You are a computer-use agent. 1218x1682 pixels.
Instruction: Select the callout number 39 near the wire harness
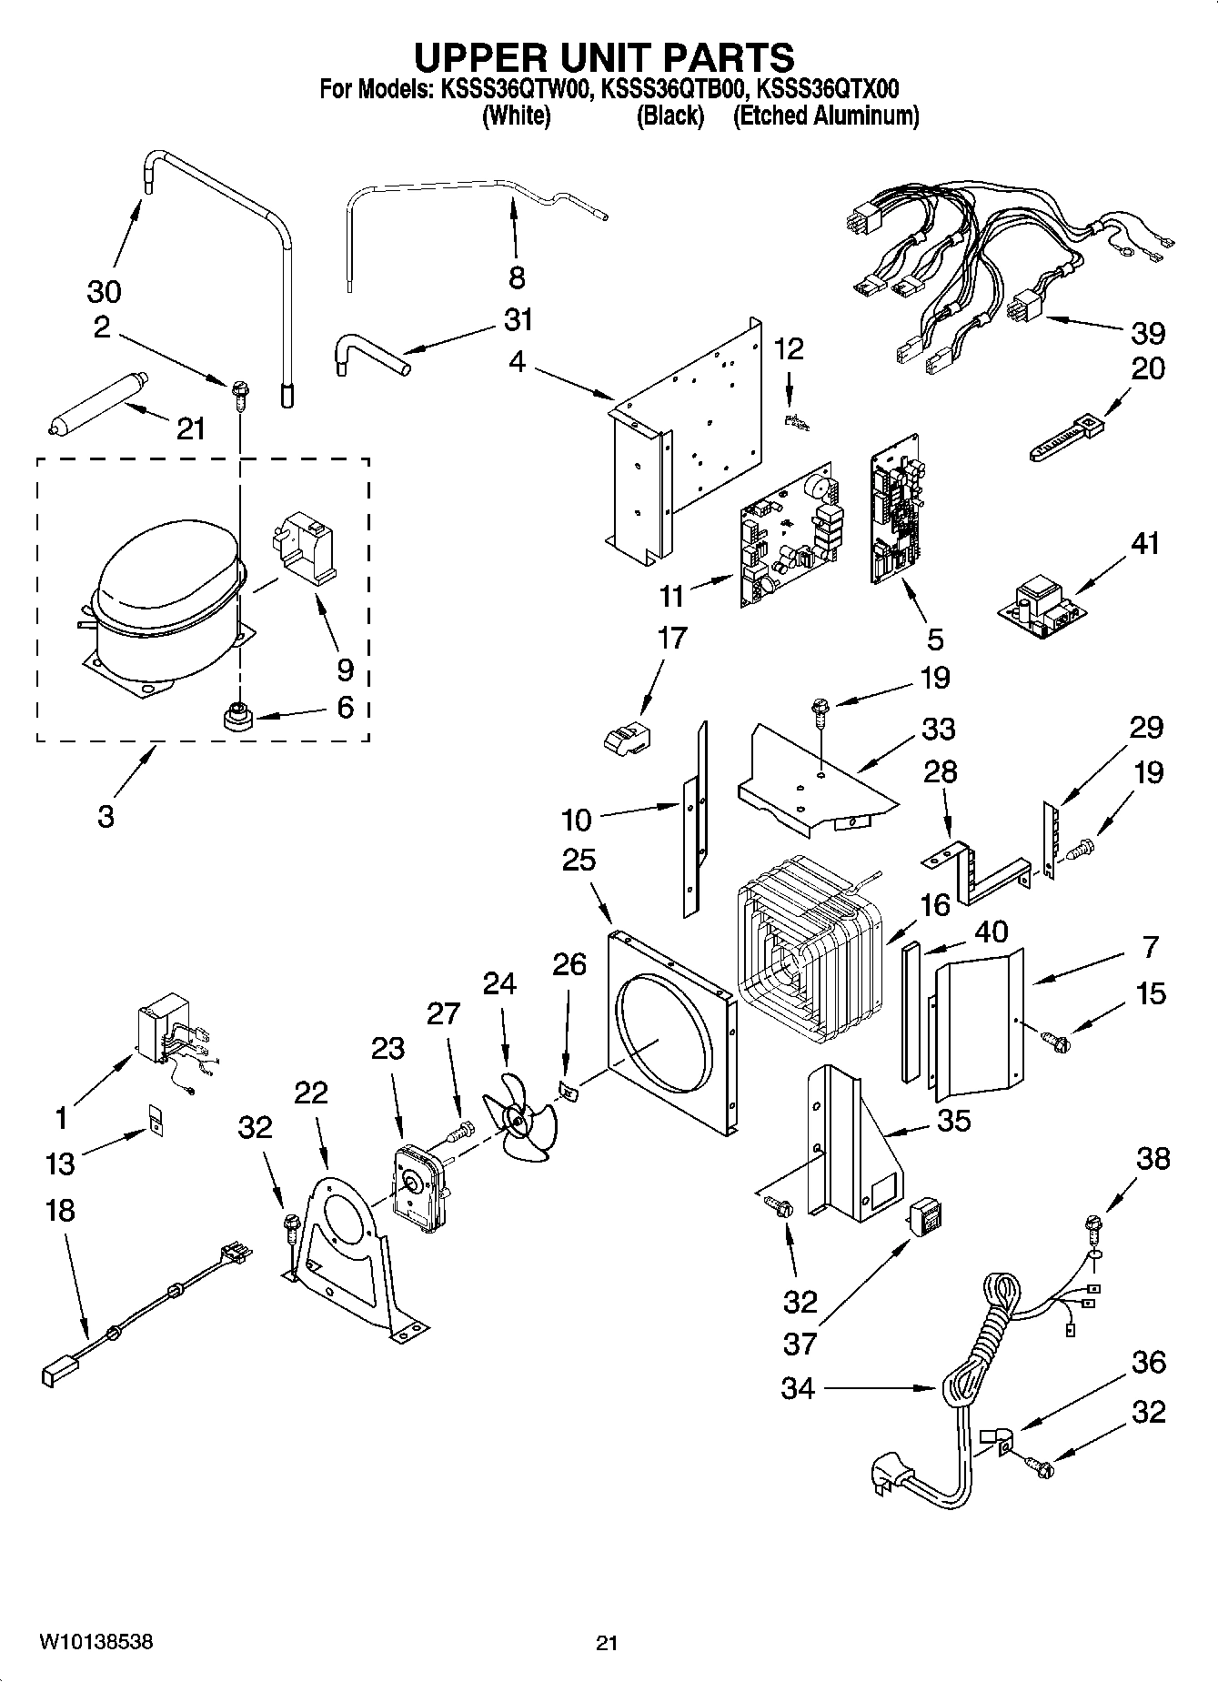pos(1147,333)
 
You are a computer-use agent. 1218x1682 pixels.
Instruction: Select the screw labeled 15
pos(1055,1037)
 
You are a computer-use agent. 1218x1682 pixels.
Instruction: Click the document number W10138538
pos(96,1642)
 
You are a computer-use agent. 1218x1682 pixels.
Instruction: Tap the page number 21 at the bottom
pos(607,1642)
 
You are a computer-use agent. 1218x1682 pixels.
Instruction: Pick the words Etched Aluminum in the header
pos(826,116)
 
